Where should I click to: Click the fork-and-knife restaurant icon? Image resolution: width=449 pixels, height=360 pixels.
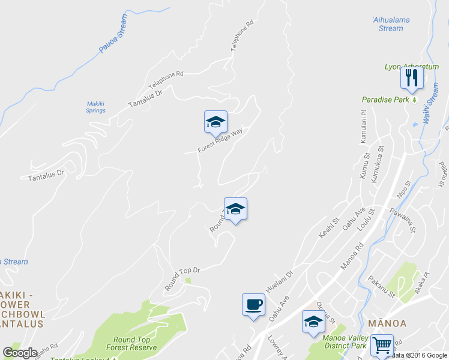(x=411, y=77)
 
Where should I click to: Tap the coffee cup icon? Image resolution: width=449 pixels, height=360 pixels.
(x=253, y=304)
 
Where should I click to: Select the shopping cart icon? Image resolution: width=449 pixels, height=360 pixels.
(x=381, y=345)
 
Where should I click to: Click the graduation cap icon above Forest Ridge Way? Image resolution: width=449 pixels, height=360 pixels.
(x=215, y=122)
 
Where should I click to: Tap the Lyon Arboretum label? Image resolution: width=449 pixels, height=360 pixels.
(x=412, y=67)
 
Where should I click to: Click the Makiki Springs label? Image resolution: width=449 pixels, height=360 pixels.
(x=95, y=107)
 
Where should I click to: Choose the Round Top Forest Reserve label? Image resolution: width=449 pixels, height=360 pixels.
(x=131, y=343)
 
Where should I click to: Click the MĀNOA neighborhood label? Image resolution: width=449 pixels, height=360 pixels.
(x=382, y=323)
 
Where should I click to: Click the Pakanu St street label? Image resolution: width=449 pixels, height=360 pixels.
(x=382, y=287)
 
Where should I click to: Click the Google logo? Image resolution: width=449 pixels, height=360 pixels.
(x=20, y=353)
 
